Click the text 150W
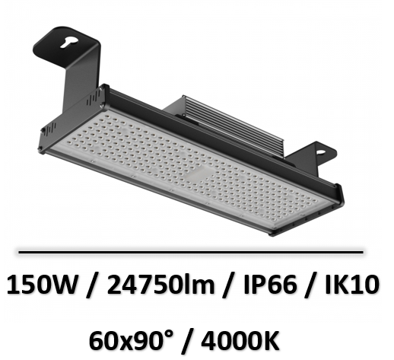(42, 285)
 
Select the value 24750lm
(160, 285)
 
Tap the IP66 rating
(270, 285)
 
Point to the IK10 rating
(352, 285)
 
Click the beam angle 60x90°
(132, 341)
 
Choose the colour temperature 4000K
(240, 341)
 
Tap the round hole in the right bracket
(320, 152)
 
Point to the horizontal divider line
(191, 252)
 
